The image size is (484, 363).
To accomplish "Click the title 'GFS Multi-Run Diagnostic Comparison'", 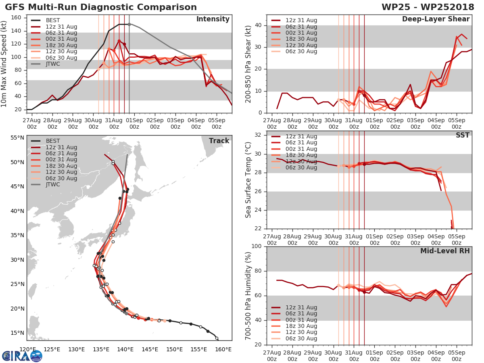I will [x=101, y=7].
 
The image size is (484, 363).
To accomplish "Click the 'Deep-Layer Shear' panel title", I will [x=436, y=19].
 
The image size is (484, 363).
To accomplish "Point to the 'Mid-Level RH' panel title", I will [x=445, y=251].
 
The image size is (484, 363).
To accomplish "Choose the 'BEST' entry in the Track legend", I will [x=53, y=141].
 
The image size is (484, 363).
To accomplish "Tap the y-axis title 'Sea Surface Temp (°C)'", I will [x=249, y=179].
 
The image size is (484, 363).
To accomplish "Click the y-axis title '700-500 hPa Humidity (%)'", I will [x=249, y=295].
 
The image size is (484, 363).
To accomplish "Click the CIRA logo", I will [x=22, y=356].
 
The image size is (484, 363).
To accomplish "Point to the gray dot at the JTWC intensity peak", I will [x=129, y=24].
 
